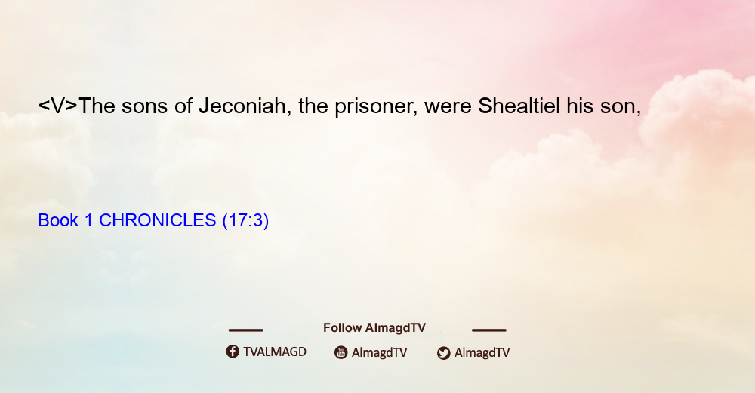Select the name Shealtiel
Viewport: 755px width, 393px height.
519,106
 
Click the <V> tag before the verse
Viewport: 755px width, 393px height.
57,106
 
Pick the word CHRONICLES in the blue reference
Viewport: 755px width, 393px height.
158,220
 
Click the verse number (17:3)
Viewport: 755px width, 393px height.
245,220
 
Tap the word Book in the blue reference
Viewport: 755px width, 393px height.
58,220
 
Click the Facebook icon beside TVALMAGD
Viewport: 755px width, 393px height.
233,352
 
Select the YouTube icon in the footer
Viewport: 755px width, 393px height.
341,352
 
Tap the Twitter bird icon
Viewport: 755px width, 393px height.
443,353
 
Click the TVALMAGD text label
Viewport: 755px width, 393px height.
275,352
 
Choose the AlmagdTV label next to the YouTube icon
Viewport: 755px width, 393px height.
380,352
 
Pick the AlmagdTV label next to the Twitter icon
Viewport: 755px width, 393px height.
482,352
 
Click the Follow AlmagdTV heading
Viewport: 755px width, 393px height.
374,328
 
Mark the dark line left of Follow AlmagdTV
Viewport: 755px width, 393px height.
245,330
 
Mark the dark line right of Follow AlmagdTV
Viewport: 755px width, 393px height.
489,330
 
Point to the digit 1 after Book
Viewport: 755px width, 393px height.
88,220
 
